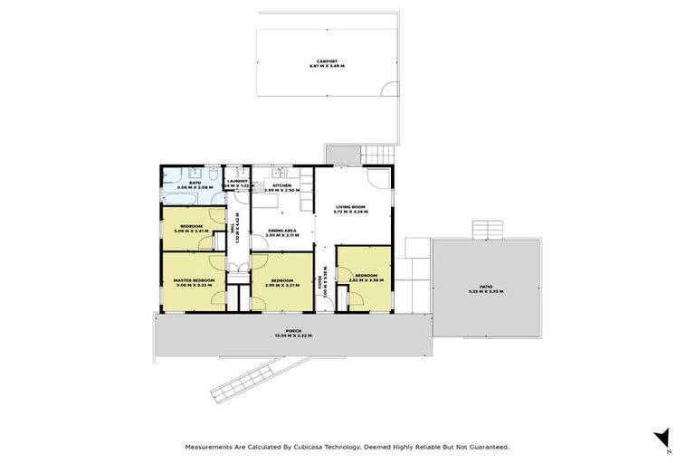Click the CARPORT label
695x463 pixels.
click(327, 61)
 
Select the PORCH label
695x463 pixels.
click(292, 331)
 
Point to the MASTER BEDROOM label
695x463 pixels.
click(194, 280)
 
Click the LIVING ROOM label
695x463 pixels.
click(352, 207)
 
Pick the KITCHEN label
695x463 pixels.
click(281, 185)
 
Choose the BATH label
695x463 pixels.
click(195, 183)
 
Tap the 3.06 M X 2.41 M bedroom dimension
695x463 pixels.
click(192, 231)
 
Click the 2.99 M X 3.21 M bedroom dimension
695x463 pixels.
click(281, 285)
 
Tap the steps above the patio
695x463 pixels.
click(488, 228)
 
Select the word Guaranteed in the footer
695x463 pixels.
click(486, 447)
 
